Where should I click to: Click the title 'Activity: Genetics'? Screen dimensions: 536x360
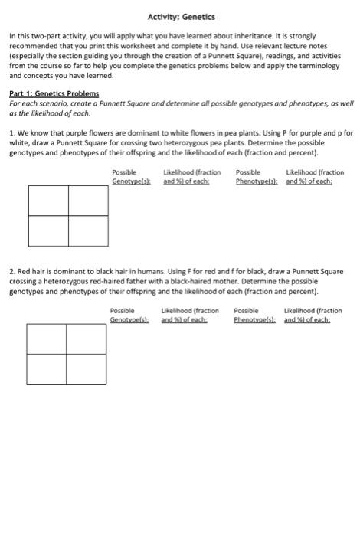pyautogui.click(x=182, y=17)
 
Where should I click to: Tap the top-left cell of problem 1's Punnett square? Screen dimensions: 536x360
pyautogui.click(x=48, y=201)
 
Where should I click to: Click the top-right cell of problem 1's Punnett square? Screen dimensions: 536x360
pyautogui.click(x=87, y=201)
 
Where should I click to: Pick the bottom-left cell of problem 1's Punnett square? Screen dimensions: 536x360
pyautogui.click(x=48, y=231)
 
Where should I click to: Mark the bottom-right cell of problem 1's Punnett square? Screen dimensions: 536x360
pyautogui.click(x=87, y=231)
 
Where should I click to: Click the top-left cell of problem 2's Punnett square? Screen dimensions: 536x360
pyautogui.click(x=46, y=338)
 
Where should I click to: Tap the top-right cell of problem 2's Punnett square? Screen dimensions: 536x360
pyautogui.click(x=85, y=338)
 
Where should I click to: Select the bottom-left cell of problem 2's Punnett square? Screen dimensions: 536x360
pyautogui.click(x=46, y=369)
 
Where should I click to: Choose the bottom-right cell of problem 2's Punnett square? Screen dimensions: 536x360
pyautogui.click(x=85, y=369)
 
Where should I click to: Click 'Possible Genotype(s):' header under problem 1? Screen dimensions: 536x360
pyautogui.click(x=131, y=177)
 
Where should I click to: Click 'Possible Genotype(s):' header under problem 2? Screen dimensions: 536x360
pyautogui.click(x=129, y=315)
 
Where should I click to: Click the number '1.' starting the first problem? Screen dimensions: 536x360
pyautogui.click(x=13, y=133)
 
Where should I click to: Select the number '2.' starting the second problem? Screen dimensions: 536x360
pyautogui.click(x=13, y=272)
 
